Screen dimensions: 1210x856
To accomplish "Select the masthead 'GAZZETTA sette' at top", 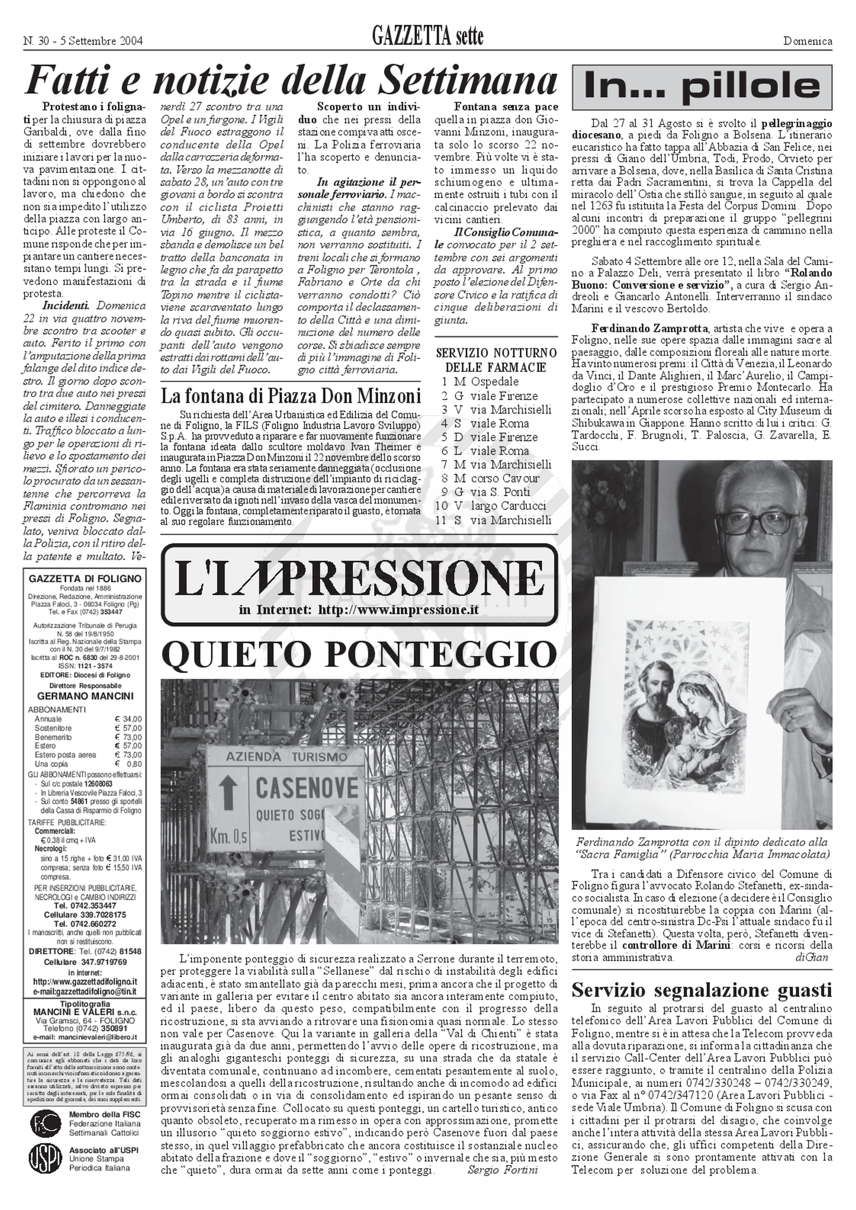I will point(427,37).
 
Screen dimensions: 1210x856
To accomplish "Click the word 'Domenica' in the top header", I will point(807,41).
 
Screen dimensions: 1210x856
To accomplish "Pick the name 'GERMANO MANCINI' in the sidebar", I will point(84,696).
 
